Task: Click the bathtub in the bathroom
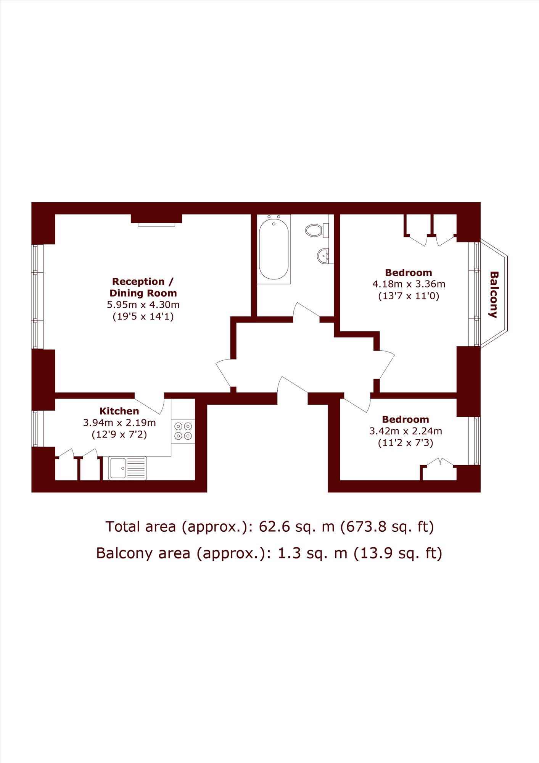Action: (x=274, y=249)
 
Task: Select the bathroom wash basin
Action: (x=323, y=256)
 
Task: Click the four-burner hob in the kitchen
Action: (x=183, y=431)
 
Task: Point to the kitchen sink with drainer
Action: (x=127, y=468)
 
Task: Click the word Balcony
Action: (x=494, y=294)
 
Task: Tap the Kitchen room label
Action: (x=119, y=411)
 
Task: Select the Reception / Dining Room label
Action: (x=143, y=287)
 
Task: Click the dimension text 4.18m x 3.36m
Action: (x=409, y=284)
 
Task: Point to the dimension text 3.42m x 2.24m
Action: (x=406, y=431)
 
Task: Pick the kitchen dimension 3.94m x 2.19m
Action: (x=119, y=423)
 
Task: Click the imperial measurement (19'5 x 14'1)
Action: (x=143, y=316)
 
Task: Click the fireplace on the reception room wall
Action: (x=156, y=220)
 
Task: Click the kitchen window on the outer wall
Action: (x=35, y=428)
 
